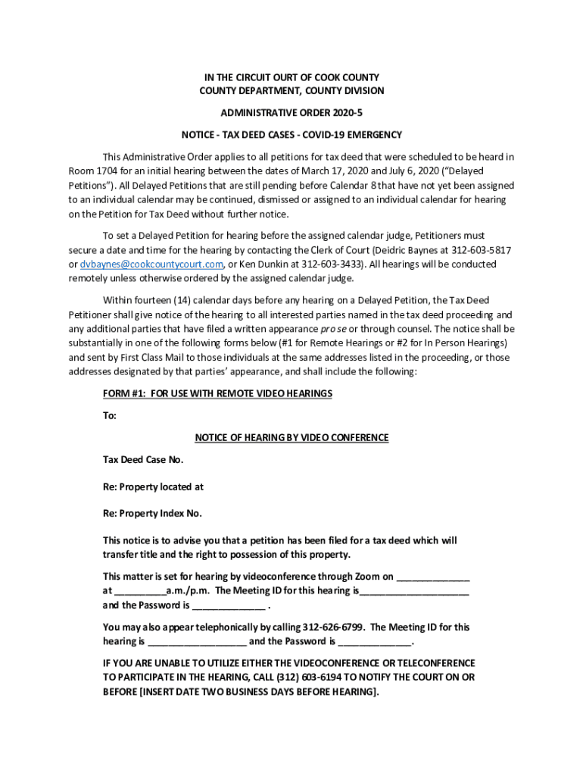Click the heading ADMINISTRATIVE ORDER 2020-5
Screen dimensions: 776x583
tap(291, 113)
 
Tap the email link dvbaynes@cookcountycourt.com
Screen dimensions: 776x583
tap(151, 264)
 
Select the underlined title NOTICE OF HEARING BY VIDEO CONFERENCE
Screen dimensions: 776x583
tap(291, 437)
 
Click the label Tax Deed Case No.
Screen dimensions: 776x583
tap(143, 459)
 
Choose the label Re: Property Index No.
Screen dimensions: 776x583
tap(152, 513)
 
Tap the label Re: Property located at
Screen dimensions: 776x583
tap(153, 487)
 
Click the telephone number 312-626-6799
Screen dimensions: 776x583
tap(334, 627)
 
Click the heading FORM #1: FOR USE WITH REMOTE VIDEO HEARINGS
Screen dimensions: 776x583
tap(217, 394)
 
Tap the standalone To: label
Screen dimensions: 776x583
tap(110, 415)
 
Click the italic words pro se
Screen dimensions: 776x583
tap(335, 329)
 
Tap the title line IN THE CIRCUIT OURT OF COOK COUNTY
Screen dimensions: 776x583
tap(291, 77)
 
